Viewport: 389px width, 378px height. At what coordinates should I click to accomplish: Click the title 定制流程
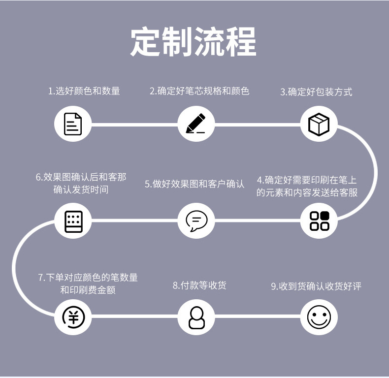194,42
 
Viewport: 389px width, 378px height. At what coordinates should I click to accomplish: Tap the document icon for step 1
73,124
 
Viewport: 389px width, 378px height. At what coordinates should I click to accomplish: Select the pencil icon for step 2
196,124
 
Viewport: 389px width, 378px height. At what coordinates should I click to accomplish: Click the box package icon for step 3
319,124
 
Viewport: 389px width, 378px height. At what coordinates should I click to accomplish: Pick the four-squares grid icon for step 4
319,220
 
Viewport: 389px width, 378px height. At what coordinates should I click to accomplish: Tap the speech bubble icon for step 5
196,220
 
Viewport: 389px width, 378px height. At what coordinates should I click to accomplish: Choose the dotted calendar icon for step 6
73,220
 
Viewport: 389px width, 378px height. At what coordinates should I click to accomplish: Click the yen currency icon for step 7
73,317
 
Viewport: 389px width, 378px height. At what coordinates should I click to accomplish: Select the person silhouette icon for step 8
196,317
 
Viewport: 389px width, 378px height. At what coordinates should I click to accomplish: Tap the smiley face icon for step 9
319,317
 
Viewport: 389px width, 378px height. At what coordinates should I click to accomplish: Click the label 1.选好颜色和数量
84,91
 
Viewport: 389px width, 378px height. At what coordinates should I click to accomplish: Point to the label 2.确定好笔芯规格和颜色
199,91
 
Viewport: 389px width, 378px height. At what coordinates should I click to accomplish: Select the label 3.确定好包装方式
316,92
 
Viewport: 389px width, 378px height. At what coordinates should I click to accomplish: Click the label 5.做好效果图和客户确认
194,184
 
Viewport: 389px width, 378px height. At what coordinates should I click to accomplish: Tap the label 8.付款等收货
199,285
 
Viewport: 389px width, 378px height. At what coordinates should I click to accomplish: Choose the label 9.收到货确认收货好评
316,286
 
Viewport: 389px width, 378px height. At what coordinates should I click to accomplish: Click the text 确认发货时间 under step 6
81,189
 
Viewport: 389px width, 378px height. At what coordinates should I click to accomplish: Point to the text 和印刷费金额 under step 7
88,290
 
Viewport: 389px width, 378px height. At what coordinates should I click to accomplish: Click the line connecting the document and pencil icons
134,124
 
